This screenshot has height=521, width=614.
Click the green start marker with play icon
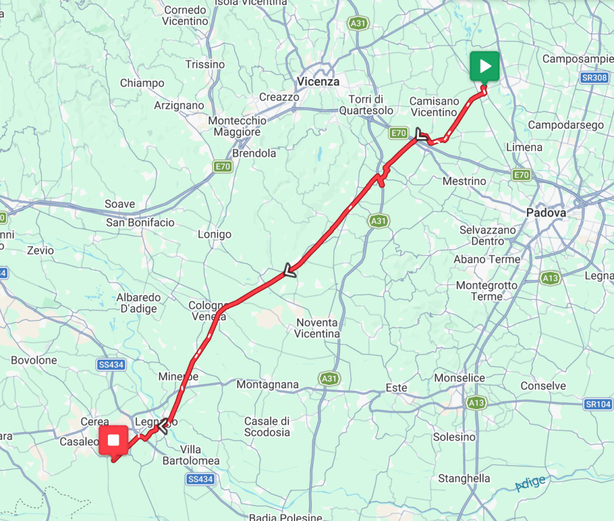pos(484,65)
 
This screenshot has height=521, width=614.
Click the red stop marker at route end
pos(113,441)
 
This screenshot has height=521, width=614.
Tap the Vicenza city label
pos(318,82)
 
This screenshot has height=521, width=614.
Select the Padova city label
pos(546,212)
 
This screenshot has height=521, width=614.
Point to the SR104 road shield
pos(597,405)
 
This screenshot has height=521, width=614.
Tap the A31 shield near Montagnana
pos(329,379)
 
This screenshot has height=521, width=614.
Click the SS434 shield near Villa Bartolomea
pos(200,479)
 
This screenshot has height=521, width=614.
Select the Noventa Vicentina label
pos(318,328)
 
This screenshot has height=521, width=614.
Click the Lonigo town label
pos(214,234)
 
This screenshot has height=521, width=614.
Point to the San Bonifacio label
pos(140,222)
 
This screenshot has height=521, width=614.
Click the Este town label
pos(396,388)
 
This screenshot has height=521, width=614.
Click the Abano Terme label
pos(487,259)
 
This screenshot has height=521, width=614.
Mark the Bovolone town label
pos(34,360)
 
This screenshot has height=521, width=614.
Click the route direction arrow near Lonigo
pos(290,272)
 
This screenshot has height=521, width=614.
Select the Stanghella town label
pos(464,478)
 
